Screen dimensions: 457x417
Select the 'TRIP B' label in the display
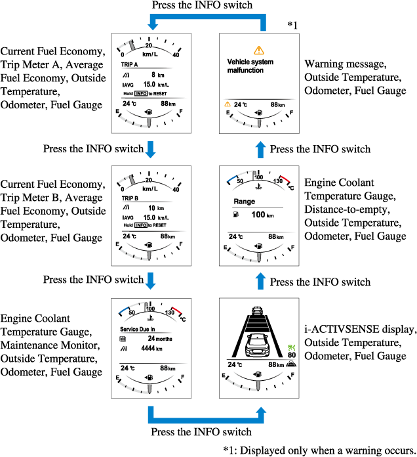click(129, 198)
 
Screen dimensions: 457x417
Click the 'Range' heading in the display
click(243, 202)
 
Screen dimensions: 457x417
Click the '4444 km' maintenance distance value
click(152, 349)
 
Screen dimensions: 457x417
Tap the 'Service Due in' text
click(138, 329)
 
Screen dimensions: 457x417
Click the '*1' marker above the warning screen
click(292, 25)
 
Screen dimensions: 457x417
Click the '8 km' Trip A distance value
click(155, 75)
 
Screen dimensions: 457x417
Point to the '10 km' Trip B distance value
click(155, 207)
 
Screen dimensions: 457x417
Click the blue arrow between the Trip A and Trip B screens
click(151, 148)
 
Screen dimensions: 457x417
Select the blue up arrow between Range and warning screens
click(260, 149)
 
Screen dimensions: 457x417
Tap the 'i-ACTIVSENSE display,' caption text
click(360, 329)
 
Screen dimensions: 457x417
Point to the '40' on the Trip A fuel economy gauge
click(175, 54)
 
